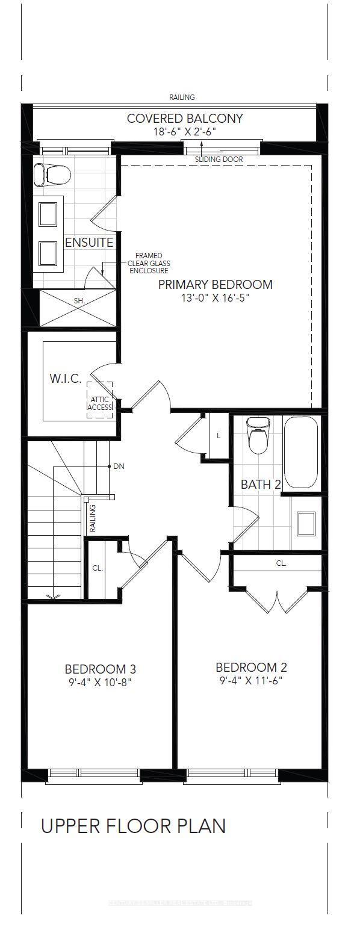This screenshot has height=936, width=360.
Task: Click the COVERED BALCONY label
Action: (185, 118)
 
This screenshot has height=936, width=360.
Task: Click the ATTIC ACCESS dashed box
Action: (99, 398)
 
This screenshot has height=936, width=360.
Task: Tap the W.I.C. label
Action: (66, 378)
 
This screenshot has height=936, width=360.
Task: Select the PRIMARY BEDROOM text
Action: (215, 284)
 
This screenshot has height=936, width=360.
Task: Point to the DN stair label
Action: (119, 466)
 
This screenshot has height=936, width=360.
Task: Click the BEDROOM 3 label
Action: (100, 669)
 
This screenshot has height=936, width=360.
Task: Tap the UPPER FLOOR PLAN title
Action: (133, 826)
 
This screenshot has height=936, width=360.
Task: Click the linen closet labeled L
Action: (218, 435)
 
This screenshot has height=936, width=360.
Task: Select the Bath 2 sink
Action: (306, 523)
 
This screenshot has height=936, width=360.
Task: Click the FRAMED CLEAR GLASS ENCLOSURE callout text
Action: (149, 263)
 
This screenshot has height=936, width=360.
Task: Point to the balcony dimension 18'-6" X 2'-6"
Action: (185, 131)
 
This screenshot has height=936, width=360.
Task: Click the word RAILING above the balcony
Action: (181, 97)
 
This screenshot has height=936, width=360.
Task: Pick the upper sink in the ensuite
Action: (48, 213)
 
